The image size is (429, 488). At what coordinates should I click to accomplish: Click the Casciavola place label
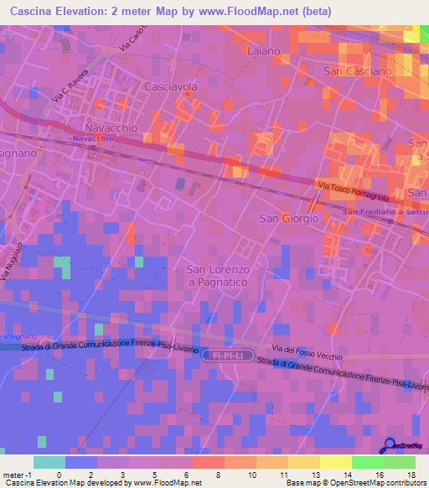[171, 86]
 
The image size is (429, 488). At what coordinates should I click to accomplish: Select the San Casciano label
[358, 71]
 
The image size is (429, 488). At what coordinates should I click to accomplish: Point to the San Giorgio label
[288, 218]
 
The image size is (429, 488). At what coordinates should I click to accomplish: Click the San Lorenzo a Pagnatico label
[218, 276]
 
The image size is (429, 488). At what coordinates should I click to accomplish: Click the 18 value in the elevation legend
[410, 474]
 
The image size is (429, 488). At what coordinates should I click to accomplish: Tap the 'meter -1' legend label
[18, 474]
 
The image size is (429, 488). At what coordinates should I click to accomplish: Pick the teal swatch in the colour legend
[49, 462]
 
